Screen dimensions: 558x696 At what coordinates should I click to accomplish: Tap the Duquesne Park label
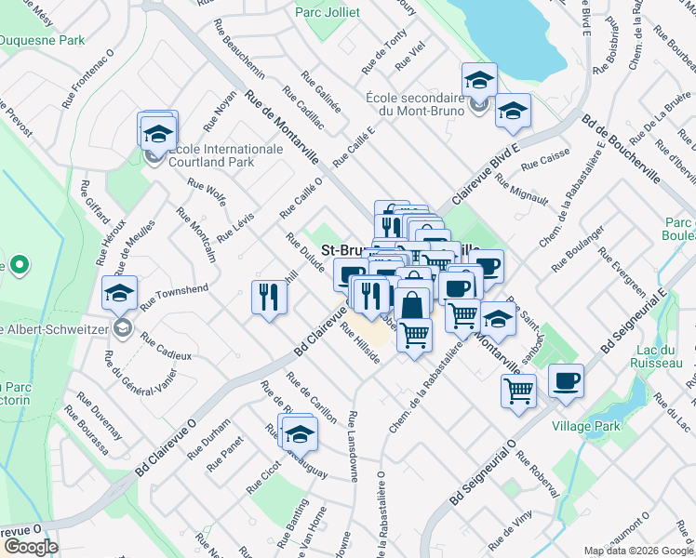[x=42, y=41]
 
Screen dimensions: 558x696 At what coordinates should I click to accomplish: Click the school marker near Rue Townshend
[x=120, y=295]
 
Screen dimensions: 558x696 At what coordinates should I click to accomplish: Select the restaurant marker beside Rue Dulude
[x=269, y=299]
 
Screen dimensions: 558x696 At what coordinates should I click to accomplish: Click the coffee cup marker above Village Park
[x=566, y=381]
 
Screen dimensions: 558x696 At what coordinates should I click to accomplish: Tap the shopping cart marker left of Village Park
[x=518, y=391]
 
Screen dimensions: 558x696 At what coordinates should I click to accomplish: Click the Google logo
[x=31, y=547]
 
